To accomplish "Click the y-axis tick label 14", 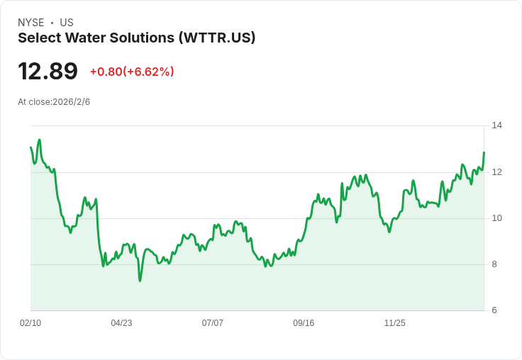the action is pyautogui.click(x=497, y=125).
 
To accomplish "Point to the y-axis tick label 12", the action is pyautogui.click(x=497, y=172).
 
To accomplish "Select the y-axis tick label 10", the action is pyautogui.click(x=497, y=218).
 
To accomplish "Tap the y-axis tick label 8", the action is pyautogui.click(x=494, y=264).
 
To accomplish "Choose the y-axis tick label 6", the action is pyautogui.click(x=494, y=310).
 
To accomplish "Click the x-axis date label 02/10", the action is pyautogui.click(x=30, y=322).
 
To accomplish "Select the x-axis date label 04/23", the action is pyautogui.click(x=121, y=322).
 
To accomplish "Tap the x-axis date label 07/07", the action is pyautogui.click(x=212, y=322).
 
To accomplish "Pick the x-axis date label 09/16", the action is pyautogui.click(x=304, y=322).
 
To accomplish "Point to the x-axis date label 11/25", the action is pyautogui.click(x=395, y=322).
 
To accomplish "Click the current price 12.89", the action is pyautogui.click(x=48, y=71).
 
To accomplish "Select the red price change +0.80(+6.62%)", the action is pyautogui.click(x=132, y=72).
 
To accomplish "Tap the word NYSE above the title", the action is pyautogui.click(x=31, y=23).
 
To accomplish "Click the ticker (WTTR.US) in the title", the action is pyautogui.click(x=217, y=38).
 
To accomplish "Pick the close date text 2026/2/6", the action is pyautogui.click(x=71, y=102).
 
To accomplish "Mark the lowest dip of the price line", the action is pyautogui.click(x=140, y=281).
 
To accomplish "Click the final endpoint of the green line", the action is pyautogui.click(x=484, y=152).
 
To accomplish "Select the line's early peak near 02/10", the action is pyautogui.click(x=40, y=140).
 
